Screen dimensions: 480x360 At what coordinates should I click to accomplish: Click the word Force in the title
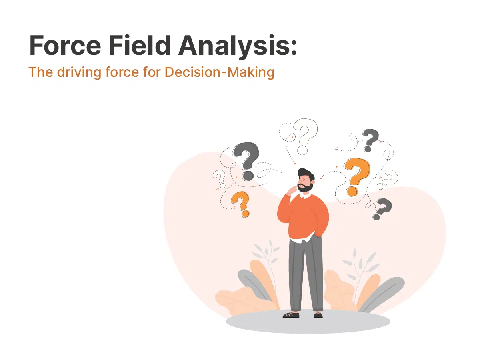[65, 45]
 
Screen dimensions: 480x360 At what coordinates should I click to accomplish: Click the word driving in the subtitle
[79, 72]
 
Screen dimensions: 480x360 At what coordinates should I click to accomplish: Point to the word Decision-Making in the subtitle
[219, 72]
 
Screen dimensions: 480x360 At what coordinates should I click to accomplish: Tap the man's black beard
[305, 188]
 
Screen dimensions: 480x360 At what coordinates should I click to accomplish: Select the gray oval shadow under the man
[308, 322]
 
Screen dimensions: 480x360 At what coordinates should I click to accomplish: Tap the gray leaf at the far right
[382, 294]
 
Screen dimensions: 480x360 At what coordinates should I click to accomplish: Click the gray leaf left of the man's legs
[254, 284]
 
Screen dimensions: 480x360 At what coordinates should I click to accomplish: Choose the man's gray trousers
[306, 274]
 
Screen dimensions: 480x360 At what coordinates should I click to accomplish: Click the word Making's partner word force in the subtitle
[122, 72]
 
